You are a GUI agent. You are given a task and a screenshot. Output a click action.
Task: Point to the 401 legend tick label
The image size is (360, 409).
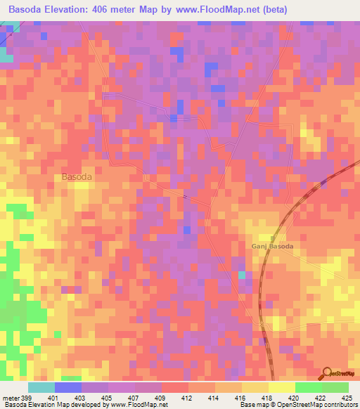(63, 398)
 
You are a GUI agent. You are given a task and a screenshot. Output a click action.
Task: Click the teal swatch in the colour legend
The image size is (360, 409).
(41, 387)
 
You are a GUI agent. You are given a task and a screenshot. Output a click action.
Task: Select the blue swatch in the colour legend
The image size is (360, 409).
(68, 387)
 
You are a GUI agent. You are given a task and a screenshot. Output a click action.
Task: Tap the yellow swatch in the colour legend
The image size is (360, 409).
(282, 387)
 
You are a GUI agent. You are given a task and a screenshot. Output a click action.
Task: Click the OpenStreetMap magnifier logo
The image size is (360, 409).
(328, 372)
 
